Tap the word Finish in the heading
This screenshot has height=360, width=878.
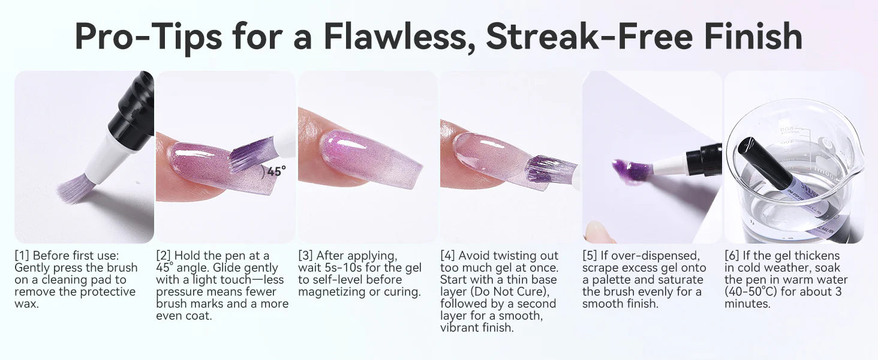tap(753, 37)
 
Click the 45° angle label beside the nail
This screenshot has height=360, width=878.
tap(276, 171)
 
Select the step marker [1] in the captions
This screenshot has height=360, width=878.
tap(22, 256)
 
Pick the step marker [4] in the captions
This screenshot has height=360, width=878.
tap(447, 256)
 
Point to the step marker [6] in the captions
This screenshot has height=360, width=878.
tap(732, 256)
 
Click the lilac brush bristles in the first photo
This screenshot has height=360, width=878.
tap(74, 188)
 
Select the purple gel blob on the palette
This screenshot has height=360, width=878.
tap(631, 171)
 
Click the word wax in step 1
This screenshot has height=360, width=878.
tap(26, 304)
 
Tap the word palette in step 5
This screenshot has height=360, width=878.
tap(609, 280)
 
